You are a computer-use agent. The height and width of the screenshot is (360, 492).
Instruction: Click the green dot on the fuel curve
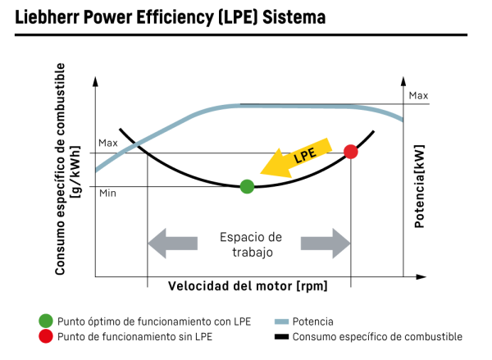pos(247,186)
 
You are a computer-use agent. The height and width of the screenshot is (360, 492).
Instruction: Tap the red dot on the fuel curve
pos(351,152)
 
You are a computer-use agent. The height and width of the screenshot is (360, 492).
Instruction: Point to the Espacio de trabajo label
pos(250,244)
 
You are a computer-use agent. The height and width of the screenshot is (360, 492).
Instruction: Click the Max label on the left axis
pos(108,143)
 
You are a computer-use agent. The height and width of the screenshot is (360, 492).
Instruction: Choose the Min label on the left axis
pos(107,194)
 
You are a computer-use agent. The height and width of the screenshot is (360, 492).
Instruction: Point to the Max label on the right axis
pos(418,96)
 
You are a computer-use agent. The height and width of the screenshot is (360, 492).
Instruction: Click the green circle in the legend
pos(46,321)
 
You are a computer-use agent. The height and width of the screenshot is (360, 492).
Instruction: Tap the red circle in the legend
pos(46,336)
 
